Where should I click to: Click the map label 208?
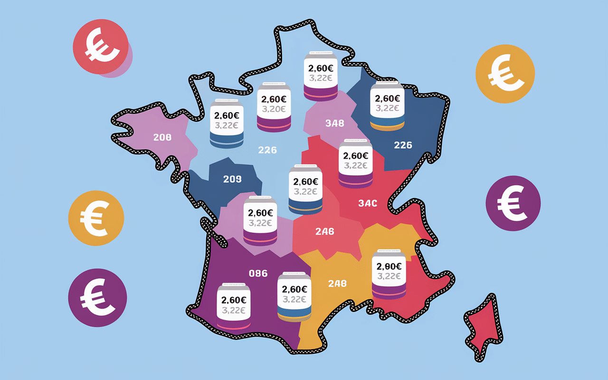pos(162,138)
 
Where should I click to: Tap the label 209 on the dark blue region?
pos(232,179)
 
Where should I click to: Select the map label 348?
pos(334,123)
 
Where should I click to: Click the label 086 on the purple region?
pos(258,273)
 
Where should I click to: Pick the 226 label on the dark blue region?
pos(403,145)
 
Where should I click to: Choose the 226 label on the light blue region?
pos(267,150)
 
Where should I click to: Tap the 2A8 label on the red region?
pos(325,232)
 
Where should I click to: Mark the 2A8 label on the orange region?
pos(337,284)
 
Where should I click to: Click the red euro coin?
pos(100,47)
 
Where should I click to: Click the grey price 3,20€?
pos(273,109)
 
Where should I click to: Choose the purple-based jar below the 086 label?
pos(233,306)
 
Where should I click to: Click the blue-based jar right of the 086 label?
pos(294,296)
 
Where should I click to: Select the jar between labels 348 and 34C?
pos(355,163)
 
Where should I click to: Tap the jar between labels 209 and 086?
pos(260,220)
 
